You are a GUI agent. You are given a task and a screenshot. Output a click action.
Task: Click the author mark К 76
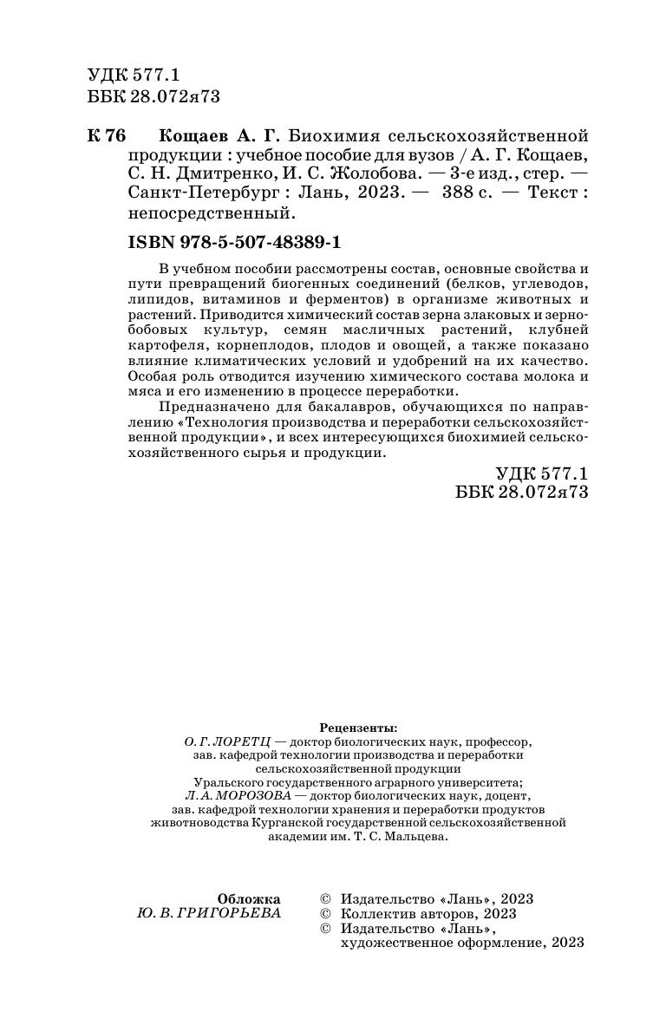pyautogui.click(x=107, y=137)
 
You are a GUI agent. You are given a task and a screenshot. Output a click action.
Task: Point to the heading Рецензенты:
pyautogui.click(x=358, y=727)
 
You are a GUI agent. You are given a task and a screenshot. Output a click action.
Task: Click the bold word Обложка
pyautogui.click(x=249, y=898)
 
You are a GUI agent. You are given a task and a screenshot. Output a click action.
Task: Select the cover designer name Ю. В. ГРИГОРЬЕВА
pyautogui.click(x=209, y=913)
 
